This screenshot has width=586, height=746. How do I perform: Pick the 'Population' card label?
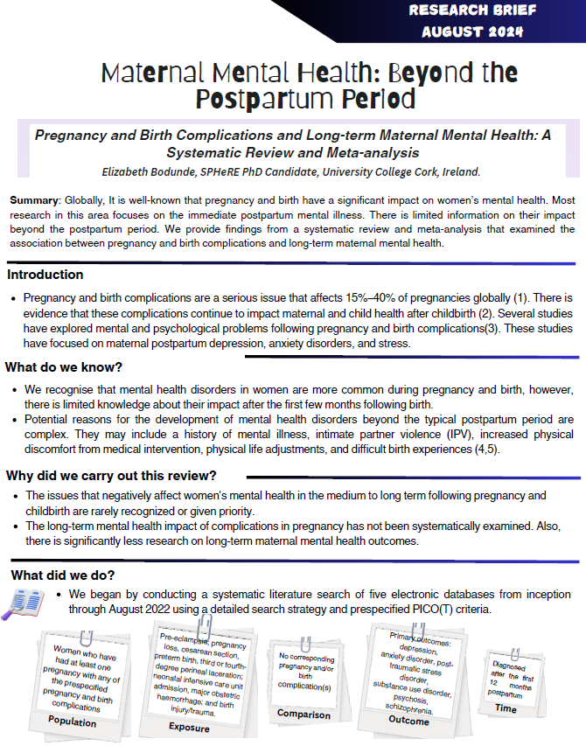[73, 722]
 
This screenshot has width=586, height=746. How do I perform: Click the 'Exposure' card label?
[189, 726]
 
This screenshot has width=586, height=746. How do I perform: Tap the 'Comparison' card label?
[303, 715]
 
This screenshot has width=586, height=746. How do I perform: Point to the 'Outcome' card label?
[408, 720]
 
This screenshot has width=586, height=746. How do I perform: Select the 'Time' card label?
[506, 708]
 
